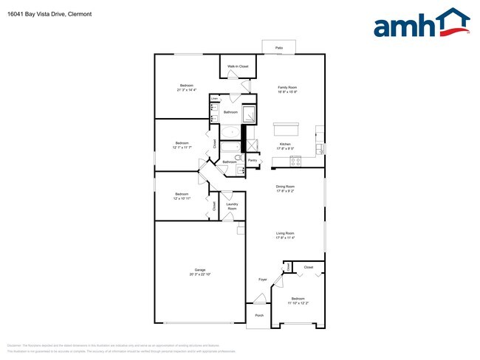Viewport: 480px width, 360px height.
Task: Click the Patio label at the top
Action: pos(279,47)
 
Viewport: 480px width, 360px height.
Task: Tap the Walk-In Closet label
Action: pos(237,67)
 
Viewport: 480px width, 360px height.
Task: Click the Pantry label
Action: pos(253,160)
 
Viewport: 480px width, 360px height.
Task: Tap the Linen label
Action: pos(214,98)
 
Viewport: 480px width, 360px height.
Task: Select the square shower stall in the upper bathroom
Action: pos(249,115)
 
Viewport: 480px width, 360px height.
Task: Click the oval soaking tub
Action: pos(231,134)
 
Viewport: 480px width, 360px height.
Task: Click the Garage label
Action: pos(199,270)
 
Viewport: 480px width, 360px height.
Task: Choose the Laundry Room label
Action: pos(232,207)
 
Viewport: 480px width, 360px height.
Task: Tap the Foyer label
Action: pos(262,280)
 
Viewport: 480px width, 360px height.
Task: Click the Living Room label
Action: pos(285,233)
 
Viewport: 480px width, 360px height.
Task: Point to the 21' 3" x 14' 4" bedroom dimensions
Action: pos(186,91)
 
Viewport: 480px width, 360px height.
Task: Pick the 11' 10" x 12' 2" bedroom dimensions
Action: pos(298,302)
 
